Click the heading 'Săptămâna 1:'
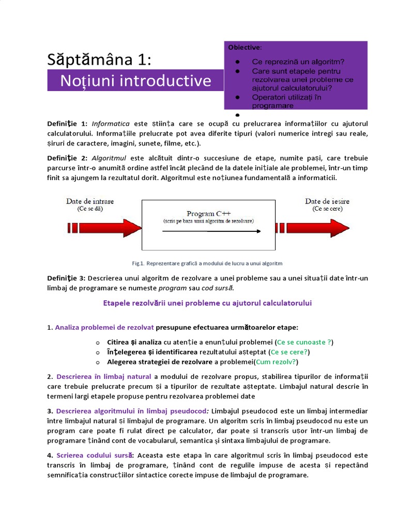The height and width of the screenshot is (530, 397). (100, 60)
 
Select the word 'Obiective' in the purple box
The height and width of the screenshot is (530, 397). (245, 48)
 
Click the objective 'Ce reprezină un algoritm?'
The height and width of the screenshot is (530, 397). (298, 62)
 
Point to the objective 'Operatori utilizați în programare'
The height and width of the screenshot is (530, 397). (287, 101)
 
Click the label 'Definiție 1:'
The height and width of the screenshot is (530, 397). (68, 124)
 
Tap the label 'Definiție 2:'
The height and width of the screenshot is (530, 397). (68, 158)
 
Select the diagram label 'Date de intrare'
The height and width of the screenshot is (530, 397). (90, 201)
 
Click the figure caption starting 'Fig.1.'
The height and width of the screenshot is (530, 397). (207, 263)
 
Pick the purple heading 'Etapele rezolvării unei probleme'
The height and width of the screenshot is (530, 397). (208, 303)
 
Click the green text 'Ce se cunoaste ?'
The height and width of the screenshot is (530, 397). (304, 342)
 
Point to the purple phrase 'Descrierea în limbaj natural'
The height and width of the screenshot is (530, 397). (103, 376)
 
